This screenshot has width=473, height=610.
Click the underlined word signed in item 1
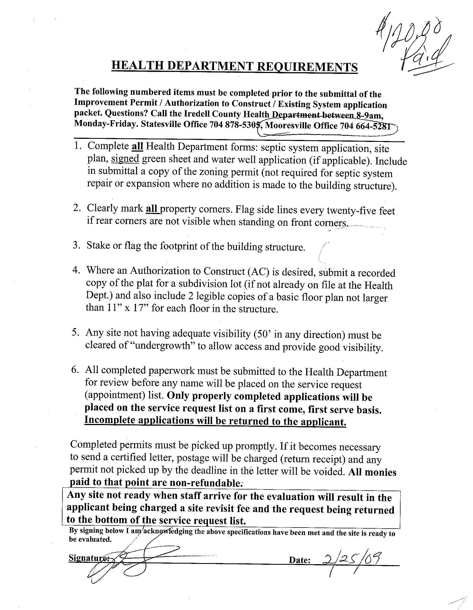tap(125, 159)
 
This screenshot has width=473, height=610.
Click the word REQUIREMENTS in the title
tap(307, 67)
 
